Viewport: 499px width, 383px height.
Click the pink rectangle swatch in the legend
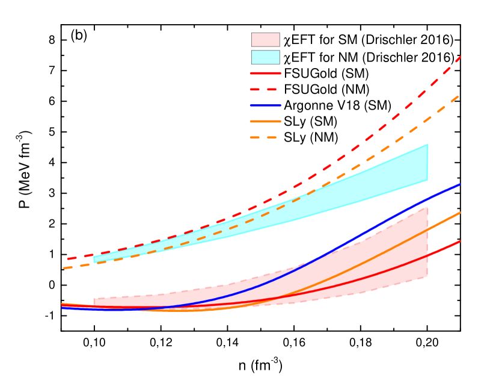click(265, 40)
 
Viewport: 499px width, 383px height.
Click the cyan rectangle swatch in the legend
click(265, 57)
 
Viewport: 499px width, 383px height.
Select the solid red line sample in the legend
click(265, 73)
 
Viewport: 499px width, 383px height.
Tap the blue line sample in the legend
click(265, 105)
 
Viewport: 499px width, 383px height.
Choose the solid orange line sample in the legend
click(265, 121)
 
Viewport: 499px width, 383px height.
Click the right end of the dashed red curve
click(460, 57)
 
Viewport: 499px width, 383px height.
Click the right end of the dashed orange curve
click(460, 95)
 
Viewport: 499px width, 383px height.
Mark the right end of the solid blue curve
click(460, 184)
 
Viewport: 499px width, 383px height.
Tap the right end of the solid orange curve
click(460, 213)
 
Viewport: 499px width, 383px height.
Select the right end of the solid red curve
click(460, 241)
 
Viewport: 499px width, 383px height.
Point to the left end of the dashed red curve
click(68, 259)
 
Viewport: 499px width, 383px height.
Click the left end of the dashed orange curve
click(64, 268)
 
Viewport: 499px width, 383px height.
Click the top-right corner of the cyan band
click(427, 145)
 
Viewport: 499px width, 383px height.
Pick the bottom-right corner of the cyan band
click(427, 180)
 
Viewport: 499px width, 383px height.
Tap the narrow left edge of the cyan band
click(94, 260)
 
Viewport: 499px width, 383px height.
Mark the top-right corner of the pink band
click(427, 208)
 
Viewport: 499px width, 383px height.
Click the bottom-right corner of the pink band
click(427, 276)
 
